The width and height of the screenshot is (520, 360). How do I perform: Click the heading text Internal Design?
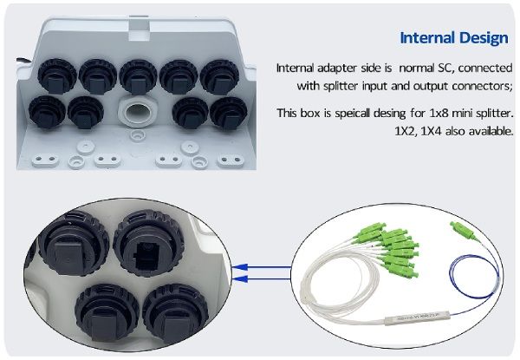pyautogui.click(x=453, y=38)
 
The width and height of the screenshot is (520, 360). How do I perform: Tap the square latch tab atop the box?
pyautogui.click(x=136, y=25)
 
